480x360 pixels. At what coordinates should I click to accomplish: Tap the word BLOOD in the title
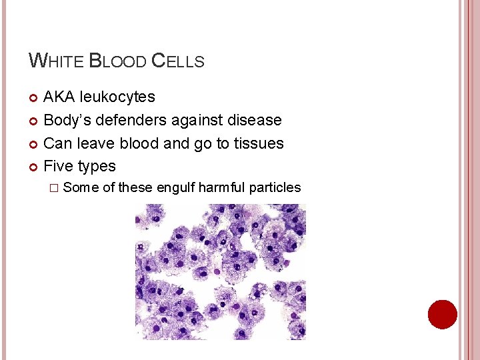coord(118,61)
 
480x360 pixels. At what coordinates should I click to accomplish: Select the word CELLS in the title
coord(178,61)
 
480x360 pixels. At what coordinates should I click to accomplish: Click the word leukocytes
coord(117,97)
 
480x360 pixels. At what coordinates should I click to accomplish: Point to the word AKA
coord(59,97)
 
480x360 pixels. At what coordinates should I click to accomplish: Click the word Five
coord(58,166)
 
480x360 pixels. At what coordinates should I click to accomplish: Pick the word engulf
coord(175,187)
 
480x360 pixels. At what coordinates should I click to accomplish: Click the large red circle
coord(443,315)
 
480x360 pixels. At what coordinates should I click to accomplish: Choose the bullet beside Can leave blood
coord(34,144)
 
